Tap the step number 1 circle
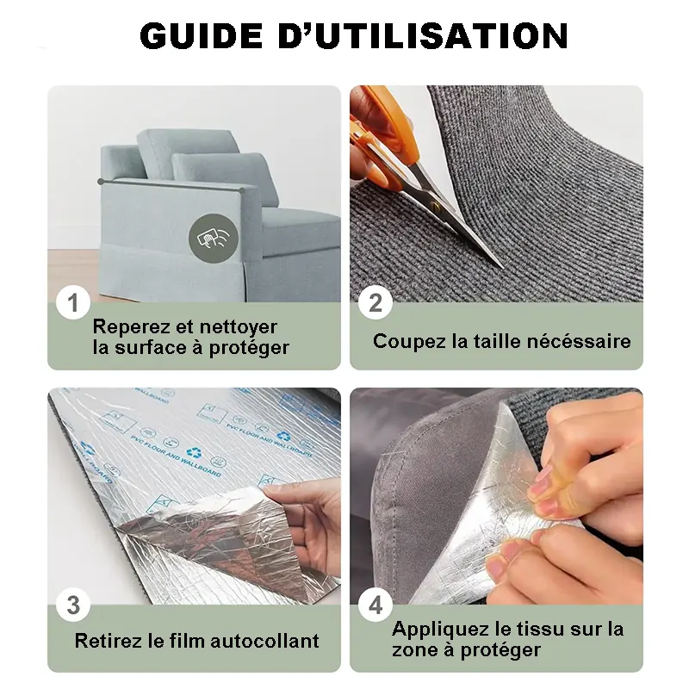coord(73,303)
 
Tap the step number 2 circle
coord(376,303)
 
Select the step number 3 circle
coord(73,605)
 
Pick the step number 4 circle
coord(376,605)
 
